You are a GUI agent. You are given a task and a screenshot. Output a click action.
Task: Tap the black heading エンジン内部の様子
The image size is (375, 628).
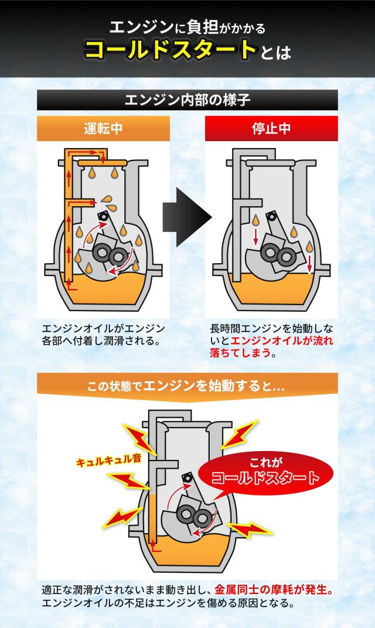tap(187, 99)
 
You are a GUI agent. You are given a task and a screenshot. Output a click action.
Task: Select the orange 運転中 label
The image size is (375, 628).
tap(103, 128)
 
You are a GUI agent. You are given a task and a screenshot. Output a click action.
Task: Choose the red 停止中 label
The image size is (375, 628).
tap(271, 128)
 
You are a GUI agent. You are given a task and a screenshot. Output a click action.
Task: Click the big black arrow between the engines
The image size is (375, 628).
tap(187, 217)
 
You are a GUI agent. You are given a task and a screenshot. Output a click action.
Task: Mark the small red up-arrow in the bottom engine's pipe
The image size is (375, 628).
tap(154, 545)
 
